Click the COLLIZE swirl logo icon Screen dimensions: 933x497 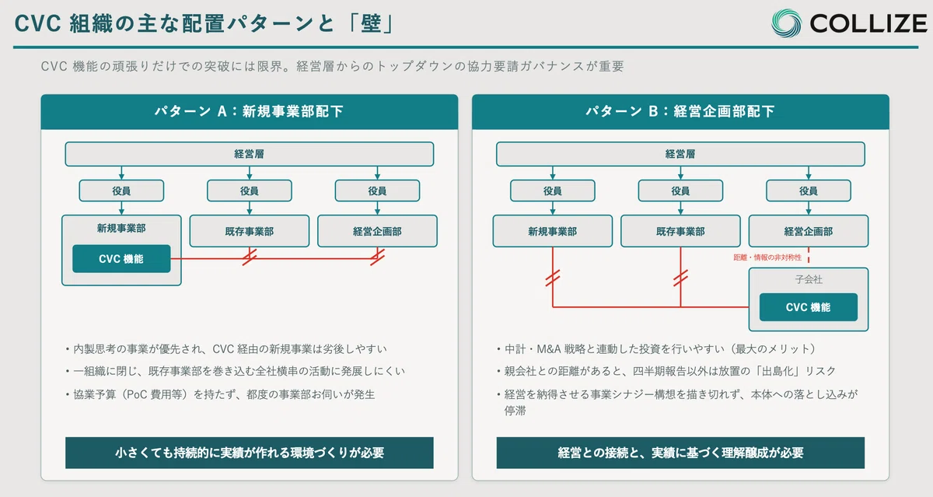(x=786, y=23)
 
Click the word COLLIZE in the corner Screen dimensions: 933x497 (x=868, y=23)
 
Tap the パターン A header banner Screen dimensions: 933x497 (x=250, y=112)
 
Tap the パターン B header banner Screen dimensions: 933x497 (x=680, y=112)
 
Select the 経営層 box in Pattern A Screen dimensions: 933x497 (x=249, y=154)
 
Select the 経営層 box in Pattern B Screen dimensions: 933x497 (x=680, y=154)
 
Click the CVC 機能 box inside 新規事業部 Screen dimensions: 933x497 (x=121, y=259)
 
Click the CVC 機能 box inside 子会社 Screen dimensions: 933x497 (x=809, y=307)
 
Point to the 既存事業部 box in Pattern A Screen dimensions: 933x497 (x=250, y=231)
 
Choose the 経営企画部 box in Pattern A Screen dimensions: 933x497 (x=377, y=231)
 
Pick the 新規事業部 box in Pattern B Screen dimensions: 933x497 (x=553, y=231)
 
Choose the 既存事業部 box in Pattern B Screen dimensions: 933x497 (x=680, y=231)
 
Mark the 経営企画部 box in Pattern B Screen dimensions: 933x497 (x=809, y=231)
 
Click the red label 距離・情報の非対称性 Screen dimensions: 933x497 (x=767, y=257)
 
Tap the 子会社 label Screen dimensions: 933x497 (x=809, y=279)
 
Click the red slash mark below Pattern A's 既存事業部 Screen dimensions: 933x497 (x=250, y=257)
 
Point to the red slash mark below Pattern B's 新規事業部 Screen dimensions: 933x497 (x=553, y=278)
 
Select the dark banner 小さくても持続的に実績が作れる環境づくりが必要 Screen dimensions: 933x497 (x=250, y=453)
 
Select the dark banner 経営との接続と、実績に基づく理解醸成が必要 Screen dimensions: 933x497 (x=680, y=453)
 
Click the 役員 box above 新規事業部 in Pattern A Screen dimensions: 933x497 (x=121, y=191)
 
